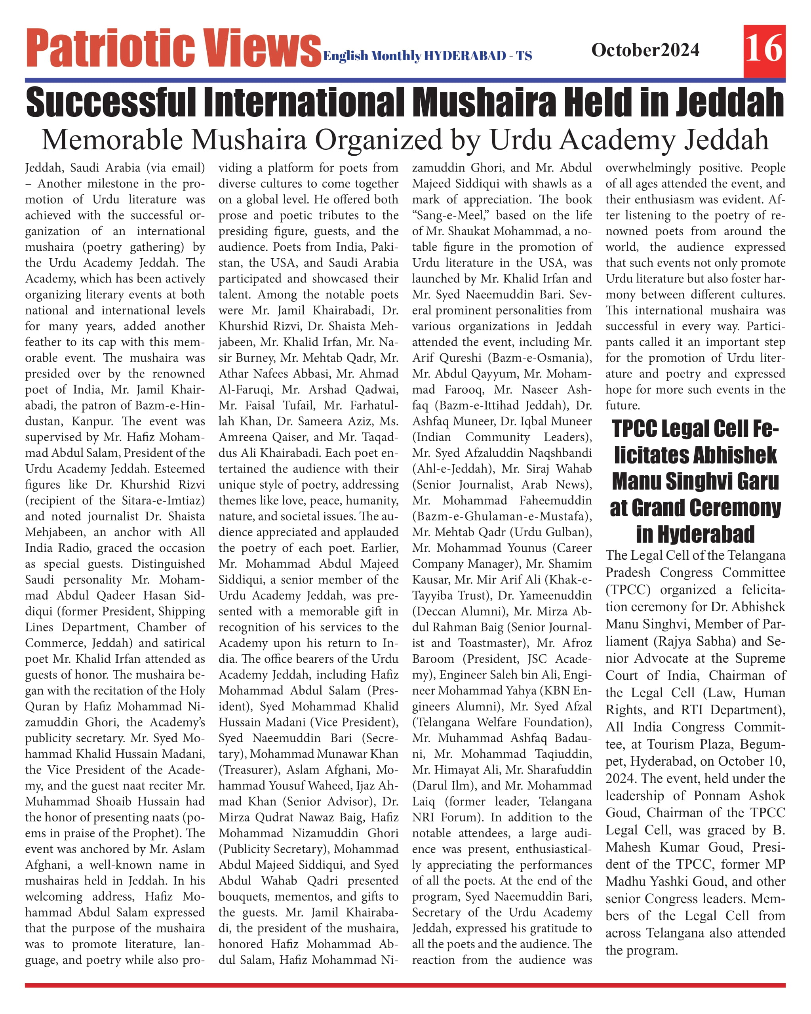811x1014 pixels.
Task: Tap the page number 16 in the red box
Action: (x=764, y=48)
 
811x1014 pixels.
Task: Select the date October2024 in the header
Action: (x=645, y=50)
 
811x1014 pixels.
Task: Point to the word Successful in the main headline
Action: (x=110, y=102)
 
